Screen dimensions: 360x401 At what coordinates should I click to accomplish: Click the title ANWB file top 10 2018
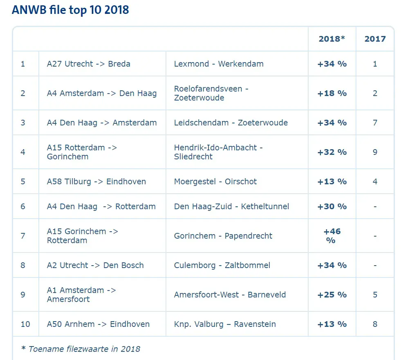pos(70,10)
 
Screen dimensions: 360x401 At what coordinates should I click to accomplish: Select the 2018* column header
pos(332,39)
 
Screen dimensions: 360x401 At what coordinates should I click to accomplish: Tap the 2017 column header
pos(375,39)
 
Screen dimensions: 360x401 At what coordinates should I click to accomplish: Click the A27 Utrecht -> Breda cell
pos(89,64)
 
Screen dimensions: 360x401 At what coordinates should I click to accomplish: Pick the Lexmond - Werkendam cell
pos(219,64)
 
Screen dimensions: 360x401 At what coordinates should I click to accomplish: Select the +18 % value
pos(332,93)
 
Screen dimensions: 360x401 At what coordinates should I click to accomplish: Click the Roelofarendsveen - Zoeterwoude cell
pos(211,93)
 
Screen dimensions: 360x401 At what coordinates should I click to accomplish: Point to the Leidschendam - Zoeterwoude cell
pos(231,123)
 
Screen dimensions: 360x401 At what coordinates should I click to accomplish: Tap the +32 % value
pos(332,152)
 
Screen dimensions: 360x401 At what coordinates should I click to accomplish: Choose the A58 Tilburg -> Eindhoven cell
pos(96,181)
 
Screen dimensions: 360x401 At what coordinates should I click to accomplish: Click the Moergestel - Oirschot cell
pos(215,181)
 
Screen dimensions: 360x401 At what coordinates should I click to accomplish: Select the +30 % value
pos(332,207)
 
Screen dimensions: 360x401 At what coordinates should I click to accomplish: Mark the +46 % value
pos(332,236)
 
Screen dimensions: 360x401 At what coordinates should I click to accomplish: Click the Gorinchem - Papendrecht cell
pos(223,236)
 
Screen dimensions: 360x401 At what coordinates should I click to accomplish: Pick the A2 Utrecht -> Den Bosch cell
pos(95,265)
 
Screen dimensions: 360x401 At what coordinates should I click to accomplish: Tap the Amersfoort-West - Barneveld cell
pos(230,295)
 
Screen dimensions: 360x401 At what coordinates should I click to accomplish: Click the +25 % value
pos(332,295)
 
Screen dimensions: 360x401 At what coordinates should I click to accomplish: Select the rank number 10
pos(25,324)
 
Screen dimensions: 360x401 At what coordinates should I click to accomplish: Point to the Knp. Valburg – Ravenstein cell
pos(225,324)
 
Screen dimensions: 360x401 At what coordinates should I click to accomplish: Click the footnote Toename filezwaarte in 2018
pos(81,349)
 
